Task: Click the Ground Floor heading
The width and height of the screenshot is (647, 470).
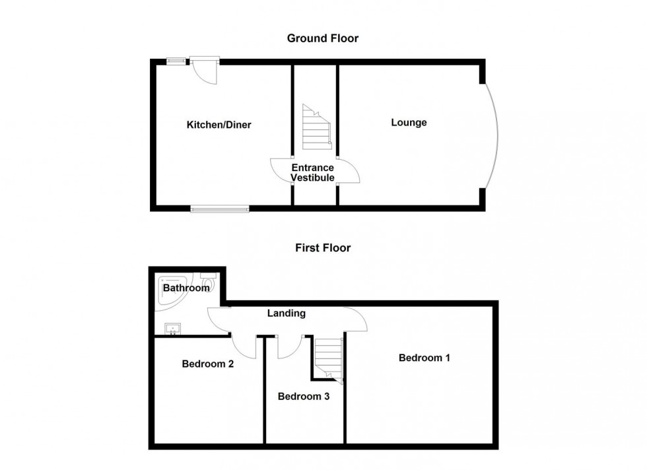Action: pyautogui.click(x=323, y=38)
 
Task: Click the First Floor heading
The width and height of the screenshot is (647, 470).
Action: pyautogui.click(x=323, y=248)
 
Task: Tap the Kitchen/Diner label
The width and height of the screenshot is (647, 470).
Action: pyautogui.click(x=219, y=125)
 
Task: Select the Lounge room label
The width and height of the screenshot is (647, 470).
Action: pyautogui.click(x=409, y=123)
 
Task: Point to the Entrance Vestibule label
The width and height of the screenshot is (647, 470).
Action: pyautogui.click(x=313, y=172)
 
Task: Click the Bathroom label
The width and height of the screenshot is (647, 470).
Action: pyautogui.click(x=186, y=288)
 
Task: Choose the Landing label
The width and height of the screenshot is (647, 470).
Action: pyautogui.click(x=287, y=313)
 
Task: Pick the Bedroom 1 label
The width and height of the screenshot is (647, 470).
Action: pyautogui.click(x=424, y=358)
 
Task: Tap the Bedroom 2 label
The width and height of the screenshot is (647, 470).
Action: pyautogui.click(x=208, y=364)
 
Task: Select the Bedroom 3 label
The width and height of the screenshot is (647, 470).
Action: pyautogui.click(x=304, y=397)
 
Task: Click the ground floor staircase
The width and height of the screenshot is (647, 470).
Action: pyautogui.click(x=317, y=127)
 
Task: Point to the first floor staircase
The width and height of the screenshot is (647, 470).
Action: pyautogui.click(x=329, y=360)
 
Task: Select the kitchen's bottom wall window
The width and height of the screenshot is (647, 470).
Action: pyautogui.click(x=220, y=209)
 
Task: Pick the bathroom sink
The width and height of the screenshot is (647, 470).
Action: pyautogui.click(x=173, y=329)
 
